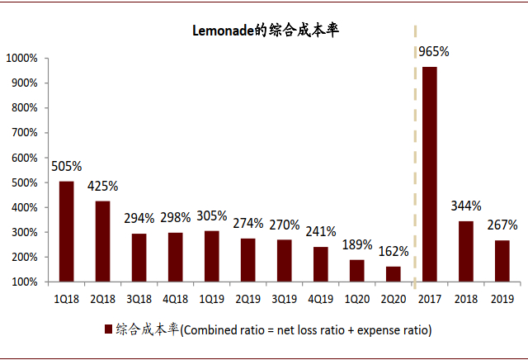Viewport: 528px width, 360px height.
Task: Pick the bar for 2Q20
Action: click(x=393, y=273)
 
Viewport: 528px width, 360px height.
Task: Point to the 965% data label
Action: click(x=433, y=51)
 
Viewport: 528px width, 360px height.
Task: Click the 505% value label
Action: click(x=67, y=166)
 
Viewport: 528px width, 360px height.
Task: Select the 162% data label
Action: click(x=393, y=251)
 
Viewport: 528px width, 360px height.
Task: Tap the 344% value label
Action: click(x=466, y=206)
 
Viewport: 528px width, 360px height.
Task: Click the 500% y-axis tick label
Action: click(x=24, y=182)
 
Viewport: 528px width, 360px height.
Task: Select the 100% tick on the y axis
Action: click(x=24, y=282)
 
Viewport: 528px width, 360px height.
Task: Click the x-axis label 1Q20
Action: click(x=356, y=298)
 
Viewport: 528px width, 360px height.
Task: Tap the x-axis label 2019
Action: click(x=502, y=298)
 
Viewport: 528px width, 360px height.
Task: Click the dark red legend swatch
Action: click(x=107, y=329)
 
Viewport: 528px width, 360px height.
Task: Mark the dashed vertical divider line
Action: click(x=412, y=165)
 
